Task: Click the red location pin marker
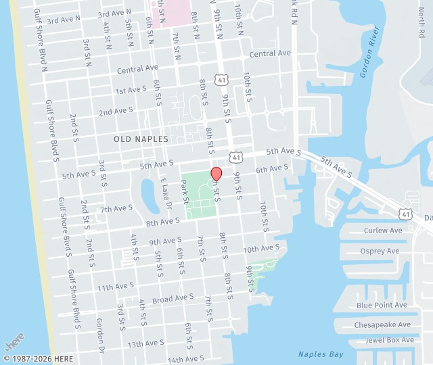(x=216, y=174)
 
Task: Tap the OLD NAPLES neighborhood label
(x=141, y=139)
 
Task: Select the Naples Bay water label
(x=321, y=354)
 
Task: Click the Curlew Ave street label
(x=383, y=230)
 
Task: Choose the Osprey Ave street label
(x=381, y=251)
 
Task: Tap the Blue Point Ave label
(x=382, y=306)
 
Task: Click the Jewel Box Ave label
(x=390, y=339)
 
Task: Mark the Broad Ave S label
(x=173, y=298)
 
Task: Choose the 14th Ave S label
(x=185, y=359)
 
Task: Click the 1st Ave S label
(x=131, y=90)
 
